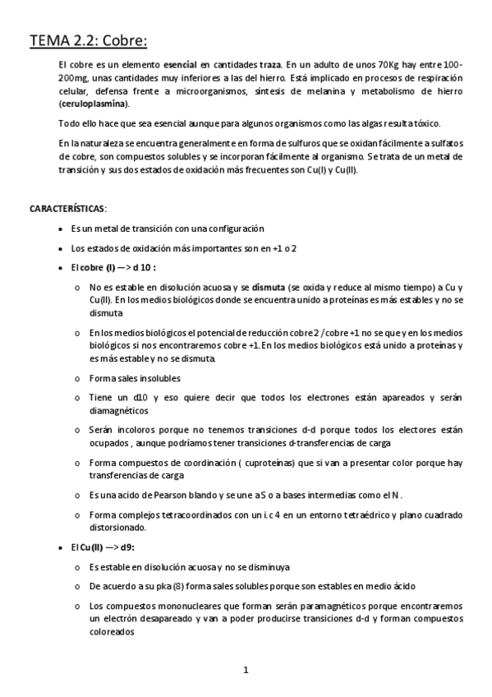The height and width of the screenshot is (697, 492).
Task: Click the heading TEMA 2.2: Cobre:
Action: coord(89,40)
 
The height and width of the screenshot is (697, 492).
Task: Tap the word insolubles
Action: coord(155,378)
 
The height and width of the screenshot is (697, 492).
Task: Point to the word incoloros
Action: coord(137,430)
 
